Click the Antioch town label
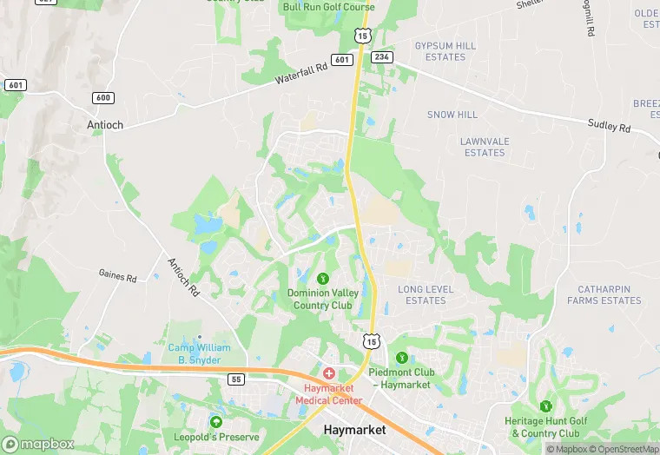click(x=104, y=124)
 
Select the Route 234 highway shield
click(x=382, y=56)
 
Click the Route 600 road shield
click(x=103, y=98)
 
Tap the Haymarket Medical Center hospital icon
click(x=329, y=373)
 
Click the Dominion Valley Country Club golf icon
click(x=323, y=278)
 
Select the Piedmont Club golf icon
click(x=401, y=358)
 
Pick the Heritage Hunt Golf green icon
click(x=545, y=406)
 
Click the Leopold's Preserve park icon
click(x=216, y=422)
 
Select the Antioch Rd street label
click(x=182, y=279)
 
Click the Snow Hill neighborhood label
click(x=452, y=115)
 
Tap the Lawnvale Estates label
click(x=484, y=147)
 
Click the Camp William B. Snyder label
click(x=200, y=353)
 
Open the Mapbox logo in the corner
click(x=38, y=444)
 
